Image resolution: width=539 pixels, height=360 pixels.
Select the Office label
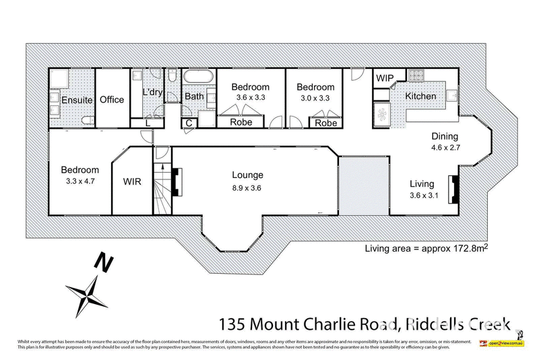112,100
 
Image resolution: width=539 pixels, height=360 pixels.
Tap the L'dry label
152,92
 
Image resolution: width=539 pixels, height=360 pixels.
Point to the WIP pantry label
385,78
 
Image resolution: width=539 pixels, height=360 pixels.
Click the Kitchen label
420,96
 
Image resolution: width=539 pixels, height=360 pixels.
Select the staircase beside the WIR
161,189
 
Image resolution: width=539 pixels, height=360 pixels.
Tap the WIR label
131,182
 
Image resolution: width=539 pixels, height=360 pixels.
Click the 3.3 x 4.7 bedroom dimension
80,181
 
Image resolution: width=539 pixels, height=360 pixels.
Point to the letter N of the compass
102,260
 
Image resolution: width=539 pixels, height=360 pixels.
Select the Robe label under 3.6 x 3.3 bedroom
241,123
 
